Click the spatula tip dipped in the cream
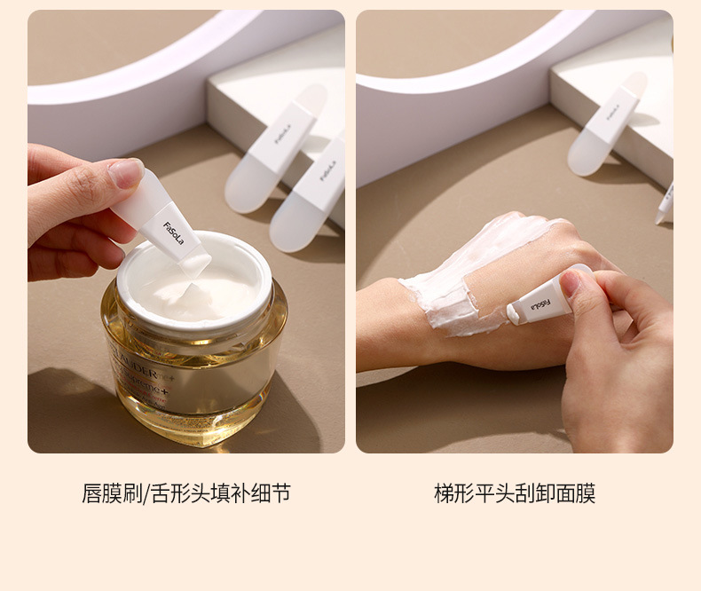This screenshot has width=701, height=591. tap(197, 265)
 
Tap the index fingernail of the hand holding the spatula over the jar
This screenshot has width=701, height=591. tap(126, 172)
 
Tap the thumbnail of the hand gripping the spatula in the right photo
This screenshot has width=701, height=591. tap(572, 282)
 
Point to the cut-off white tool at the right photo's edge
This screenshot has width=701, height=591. tap(665, 202)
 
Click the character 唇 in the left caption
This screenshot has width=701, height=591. tap(91, 493)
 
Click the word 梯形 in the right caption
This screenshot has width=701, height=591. tap(454, 493)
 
